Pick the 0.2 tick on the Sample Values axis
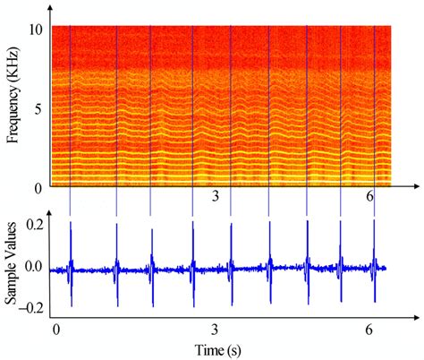(33, 227)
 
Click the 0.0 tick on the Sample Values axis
(33, 267)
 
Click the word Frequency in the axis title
(13, 121)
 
